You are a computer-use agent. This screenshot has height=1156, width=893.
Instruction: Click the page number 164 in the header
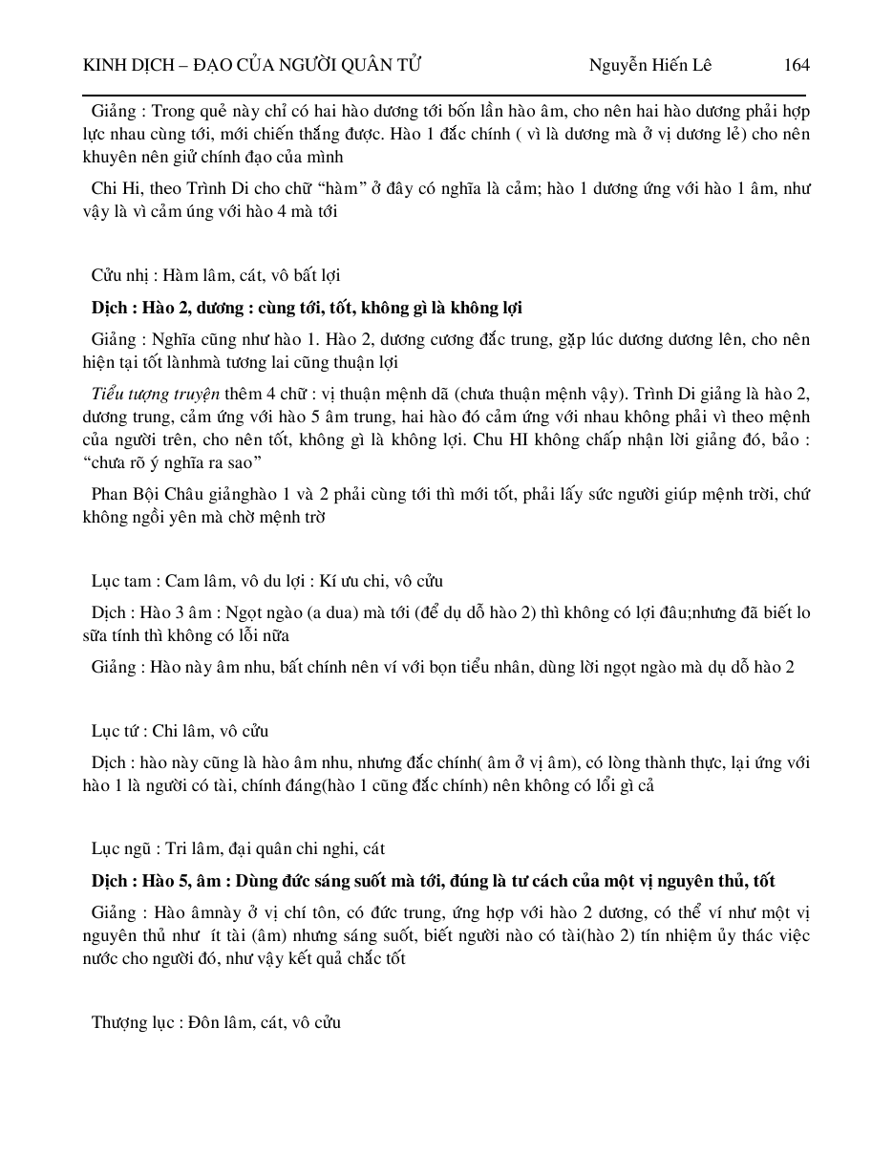point(796,65)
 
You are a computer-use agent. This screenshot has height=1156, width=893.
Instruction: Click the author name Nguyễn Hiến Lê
point(649,65)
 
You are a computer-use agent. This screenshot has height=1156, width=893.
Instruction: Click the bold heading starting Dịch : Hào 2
point(307,308)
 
